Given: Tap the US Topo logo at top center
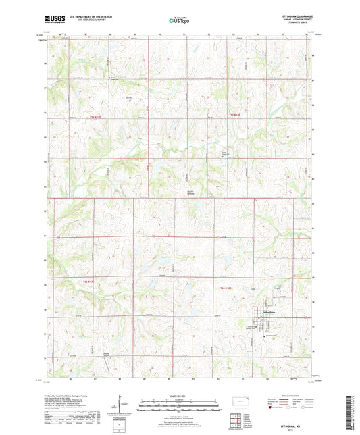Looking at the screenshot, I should click(178, 21).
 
